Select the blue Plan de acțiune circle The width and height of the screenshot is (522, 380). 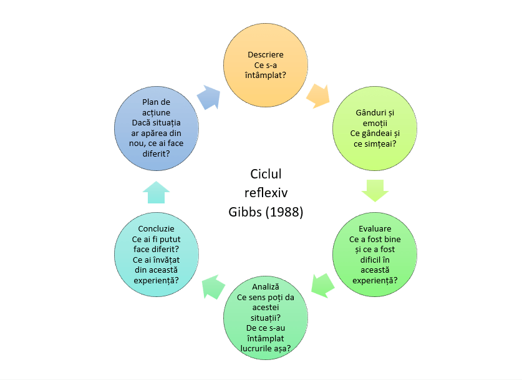tap(157, 130)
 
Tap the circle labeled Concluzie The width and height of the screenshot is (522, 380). tap(157, 252)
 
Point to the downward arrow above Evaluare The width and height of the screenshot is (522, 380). tap(375, 190)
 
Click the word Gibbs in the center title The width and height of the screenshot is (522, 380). tap(248, 212)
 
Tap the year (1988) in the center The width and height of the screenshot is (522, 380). tap(284, 212)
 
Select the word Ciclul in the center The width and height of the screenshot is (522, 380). tap(266, 174)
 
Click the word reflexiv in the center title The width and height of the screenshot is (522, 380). tap(266, 193)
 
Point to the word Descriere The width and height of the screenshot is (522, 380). tap(266, 54)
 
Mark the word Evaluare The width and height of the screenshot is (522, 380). tap(375, 229)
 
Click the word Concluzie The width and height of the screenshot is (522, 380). tap(157, 229)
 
